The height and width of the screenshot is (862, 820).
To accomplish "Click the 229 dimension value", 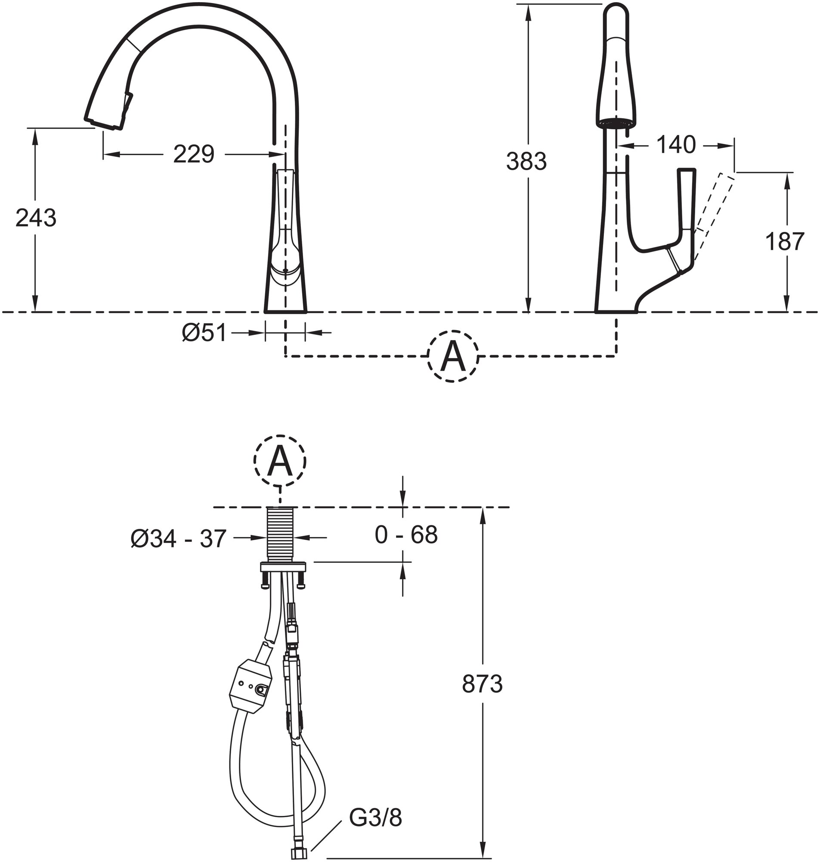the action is tap(194, 154).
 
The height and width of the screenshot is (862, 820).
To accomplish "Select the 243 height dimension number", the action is tap(36, 218).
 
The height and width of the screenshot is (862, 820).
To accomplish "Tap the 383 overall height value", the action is tap(526, 162).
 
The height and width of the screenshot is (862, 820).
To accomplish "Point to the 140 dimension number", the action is tap(675, 144).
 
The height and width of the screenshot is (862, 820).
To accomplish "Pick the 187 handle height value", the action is tap(785, 241).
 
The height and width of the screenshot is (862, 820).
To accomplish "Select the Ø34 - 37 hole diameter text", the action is tap(178, 538).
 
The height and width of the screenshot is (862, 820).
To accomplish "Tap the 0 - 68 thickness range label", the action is tap(406, 535).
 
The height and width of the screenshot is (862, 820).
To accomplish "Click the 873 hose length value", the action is tap(482, 684).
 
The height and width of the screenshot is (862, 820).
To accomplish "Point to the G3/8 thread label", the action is tap(375, 818).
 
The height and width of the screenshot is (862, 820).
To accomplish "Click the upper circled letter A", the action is tap(453, 356).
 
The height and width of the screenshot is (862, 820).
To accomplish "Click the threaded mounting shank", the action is tap(280, 535).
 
